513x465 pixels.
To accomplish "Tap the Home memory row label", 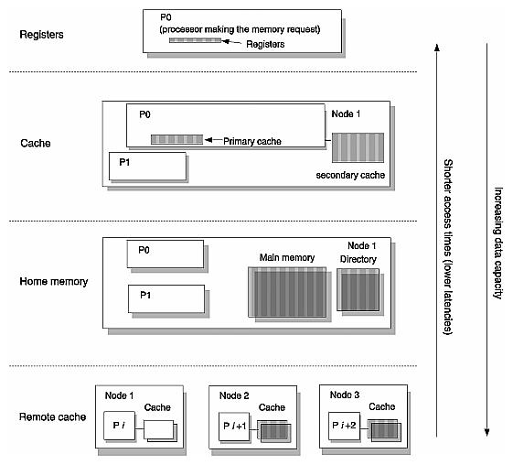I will (x=54, y=281).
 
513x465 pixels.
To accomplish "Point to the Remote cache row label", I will (x=51, y=417).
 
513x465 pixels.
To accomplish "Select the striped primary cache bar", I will (x=176, y=140).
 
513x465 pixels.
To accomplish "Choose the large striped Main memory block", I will (x=285, y=292).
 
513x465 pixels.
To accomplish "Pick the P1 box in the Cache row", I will (x=147, y=168).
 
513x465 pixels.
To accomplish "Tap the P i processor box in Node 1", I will (x=120, y=427).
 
